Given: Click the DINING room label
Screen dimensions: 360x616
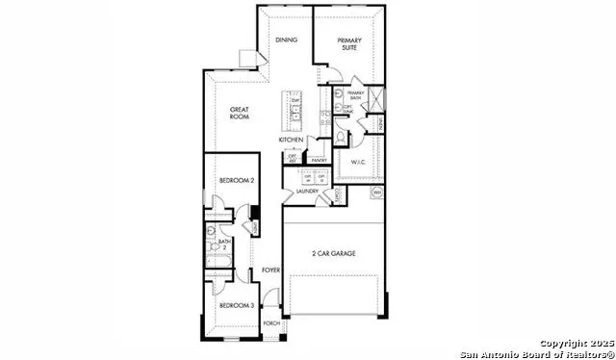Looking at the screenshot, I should tap(286, 40).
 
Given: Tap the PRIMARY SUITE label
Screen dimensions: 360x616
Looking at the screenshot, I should tap(348, 44).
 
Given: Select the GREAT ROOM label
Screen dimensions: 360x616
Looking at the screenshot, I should tap(240, 115).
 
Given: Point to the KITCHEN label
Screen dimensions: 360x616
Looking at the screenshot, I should tap(292, 141).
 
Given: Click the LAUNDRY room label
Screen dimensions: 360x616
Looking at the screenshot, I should tap(308, 192).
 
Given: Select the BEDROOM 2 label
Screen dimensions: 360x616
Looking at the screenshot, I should tap(237, 181).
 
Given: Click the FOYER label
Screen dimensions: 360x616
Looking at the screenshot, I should tap(271, 270).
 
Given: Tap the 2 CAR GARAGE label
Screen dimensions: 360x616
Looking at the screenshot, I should tap(333, 253).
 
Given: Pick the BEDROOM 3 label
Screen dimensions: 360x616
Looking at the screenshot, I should tap(236, 305).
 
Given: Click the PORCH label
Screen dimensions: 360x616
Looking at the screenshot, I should tap(271, 323).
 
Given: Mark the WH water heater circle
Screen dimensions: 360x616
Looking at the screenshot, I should tap(377, 193).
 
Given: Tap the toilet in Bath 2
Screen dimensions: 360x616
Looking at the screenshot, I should tap(210, 232).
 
